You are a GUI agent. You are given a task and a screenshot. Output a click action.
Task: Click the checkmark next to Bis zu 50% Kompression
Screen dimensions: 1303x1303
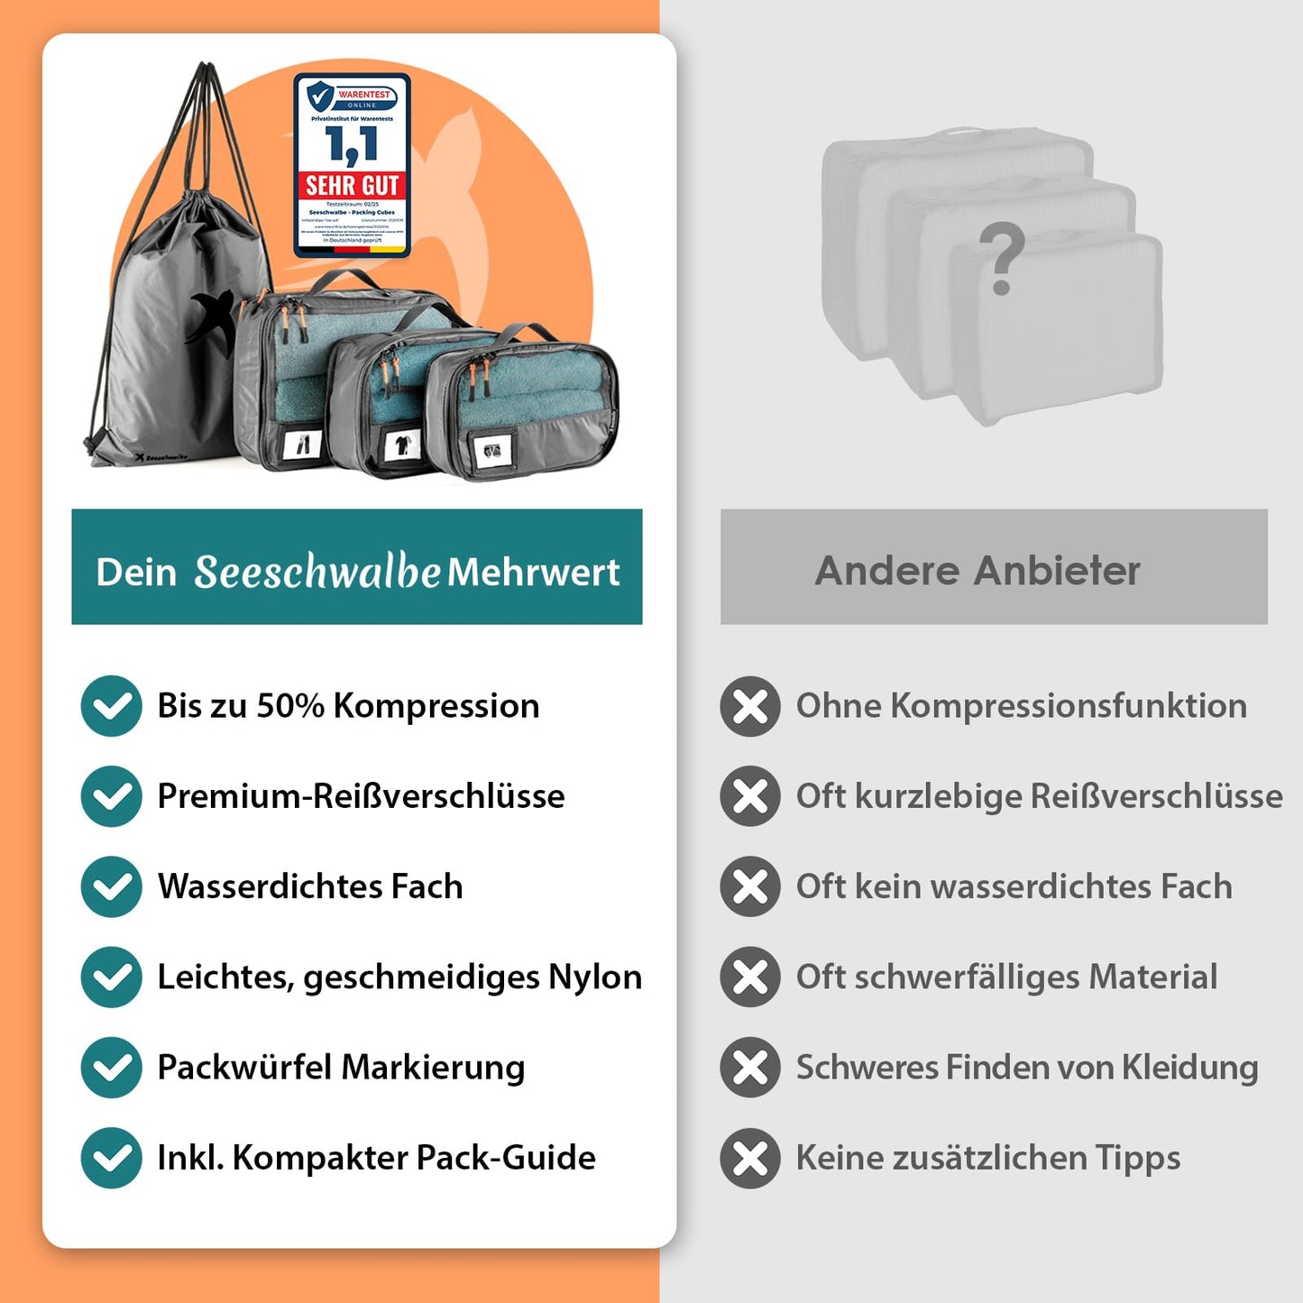(111, 706)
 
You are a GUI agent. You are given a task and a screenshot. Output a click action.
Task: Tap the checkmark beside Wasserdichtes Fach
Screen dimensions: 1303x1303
(111, 886)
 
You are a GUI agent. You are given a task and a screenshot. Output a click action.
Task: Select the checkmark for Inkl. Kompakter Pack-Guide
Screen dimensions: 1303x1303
(111, 1158)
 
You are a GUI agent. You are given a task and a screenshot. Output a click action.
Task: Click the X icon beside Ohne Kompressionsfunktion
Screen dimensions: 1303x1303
(750, 706)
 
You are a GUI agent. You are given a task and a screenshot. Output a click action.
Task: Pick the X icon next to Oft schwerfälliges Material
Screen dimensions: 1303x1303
(750, 977)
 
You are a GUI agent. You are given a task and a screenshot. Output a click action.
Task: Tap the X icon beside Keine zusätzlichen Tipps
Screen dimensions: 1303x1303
(750, 1158)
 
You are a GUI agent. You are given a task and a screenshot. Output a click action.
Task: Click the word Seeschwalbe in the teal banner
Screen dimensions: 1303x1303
(317, 572)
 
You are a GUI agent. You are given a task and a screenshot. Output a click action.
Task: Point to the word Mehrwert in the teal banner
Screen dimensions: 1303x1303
(533, 572)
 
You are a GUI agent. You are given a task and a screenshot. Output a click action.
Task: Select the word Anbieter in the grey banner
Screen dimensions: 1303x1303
(1057, 571)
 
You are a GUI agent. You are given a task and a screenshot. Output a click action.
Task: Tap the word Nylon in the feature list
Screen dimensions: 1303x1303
(595, 977)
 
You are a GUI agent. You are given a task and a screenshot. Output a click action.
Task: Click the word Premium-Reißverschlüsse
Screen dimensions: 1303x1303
(361, 796)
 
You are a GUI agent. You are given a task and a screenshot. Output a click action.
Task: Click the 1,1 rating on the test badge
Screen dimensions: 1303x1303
(352, 144)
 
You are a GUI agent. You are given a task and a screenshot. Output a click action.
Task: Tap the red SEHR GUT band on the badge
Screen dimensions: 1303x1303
(352, 186)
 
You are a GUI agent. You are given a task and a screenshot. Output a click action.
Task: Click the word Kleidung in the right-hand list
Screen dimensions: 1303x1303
(1189, 1068)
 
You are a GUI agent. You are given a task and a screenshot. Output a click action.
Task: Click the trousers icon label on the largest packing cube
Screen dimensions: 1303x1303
(303, 443)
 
